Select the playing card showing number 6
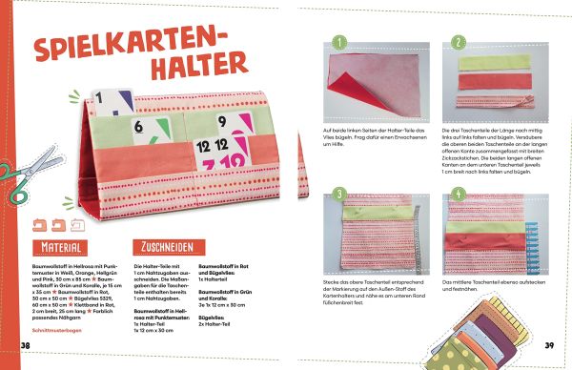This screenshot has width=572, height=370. tap(142, 125)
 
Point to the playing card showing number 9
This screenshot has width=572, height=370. tap(219, 121)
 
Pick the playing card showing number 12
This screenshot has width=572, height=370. tap(212, 147)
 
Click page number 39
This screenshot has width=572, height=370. tap(548, 343)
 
